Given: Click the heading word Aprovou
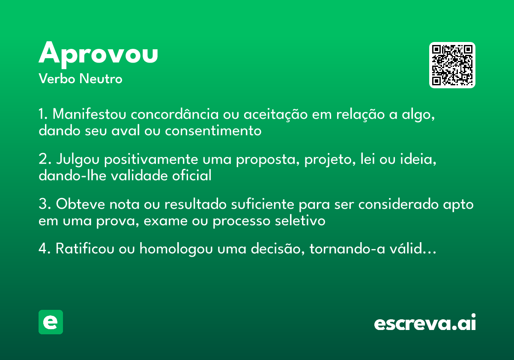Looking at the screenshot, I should pos(99,54).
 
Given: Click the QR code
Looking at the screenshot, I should pos(452,65).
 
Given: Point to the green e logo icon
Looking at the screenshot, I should pos(51,322).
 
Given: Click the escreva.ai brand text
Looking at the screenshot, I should pos(425,323).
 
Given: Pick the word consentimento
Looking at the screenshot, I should pos(213,130).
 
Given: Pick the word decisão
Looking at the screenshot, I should pos(272,249).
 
